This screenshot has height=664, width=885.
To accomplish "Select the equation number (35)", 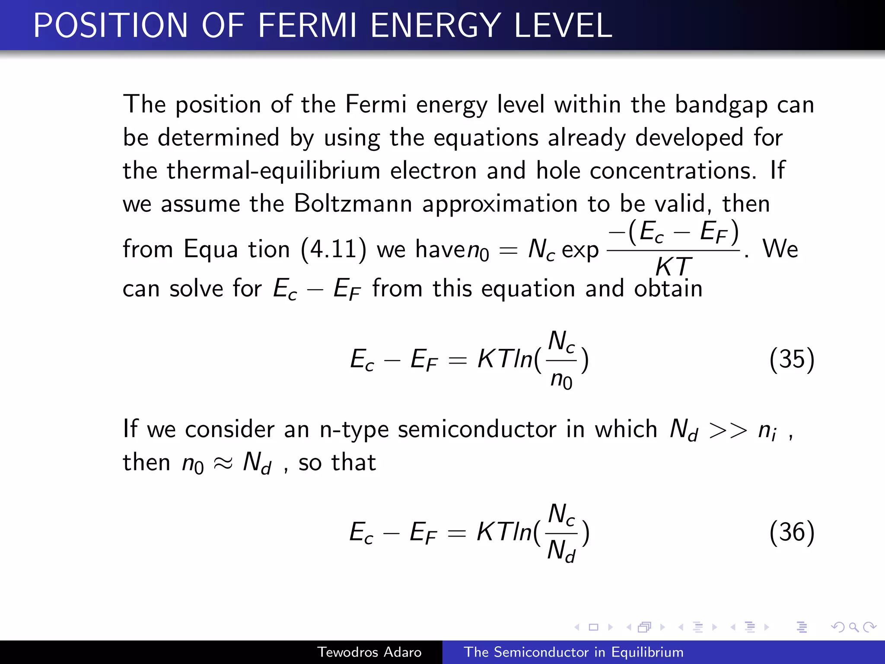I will [792, 359].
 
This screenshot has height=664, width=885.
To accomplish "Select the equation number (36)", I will [792, 532].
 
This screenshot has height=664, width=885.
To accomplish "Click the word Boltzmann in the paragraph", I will [353, 203].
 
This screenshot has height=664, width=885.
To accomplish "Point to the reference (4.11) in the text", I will [333, 249].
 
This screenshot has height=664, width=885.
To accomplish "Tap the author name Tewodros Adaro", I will [369, 652].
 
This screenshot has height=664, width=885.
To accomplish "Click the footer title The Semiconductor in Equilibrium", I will [573, 652].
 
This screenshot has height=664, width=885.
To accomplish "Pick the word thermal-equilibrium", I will [273, 170].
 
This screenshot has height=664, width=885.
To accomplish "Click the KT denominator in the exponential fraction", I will [673, 266].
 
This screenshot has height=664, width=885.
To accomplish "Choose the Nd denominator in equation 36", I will [561, 552].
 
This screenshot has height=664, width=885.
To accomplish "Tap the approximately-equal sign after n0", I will [223, 463].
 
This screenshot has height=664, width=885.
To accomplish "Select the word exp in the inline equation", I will [580, 250].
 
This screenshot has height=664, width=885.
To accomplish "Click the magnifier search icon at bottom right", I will [853, 627].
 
